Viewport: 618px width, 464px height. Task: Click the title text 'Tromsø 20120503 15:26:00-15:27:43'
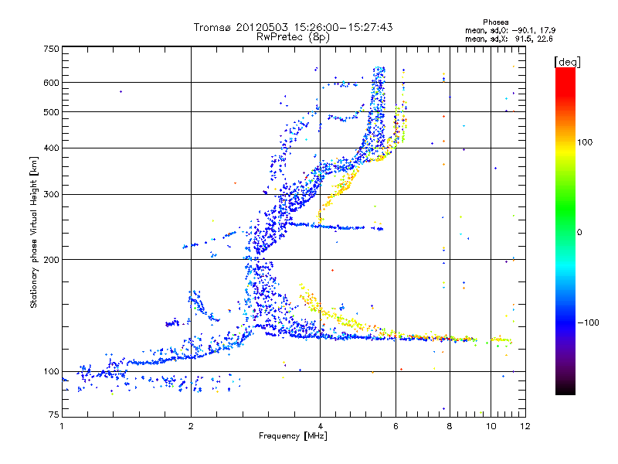293,27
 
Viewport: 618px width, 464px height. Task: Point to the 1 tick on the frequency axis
62,426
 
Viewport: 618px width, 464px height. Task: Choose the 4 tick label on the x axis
320,426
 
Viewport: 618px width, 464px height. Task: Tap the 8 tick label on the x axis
449,426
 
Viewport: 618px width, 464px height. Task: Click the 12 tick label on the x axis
525,426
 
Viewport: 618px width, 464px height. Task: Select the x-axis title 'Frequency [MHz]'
293,437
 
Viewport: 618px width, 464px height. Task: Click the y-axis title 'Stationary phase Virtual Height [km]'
34,232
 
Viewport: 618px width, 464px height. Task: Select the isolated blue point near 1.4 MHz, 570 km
121,91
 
